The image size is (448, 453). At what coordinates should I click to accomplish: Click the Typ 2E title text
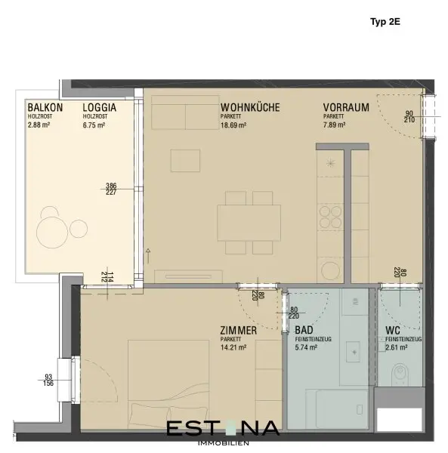click(385, 22)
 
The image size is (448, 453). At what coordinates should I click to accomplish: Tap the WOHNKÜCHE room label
click(250, 107)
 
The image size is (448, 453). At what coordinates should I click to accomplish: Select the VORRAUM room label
click(346, 107)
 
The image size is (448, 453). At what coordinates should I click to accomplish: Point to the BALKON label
click(45, 107)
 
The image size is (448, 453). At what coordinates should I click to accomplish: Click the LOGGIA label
click(100, 107)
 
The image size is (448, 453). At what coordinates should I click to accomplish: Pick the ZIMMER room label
click(239, 330)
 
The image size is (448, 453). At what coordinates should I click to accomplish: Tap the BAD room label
click(304, 330)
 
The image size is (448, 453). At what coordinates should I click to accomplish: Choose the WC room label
click(393, 330)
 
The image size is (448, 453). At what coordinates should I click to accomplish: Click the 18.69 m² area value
click(233, 125)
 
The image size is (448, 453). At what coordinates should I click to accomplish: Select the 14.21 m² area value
click(233, 347)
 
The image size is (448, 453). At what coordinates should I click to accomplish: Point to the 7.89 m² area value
click(334, 125)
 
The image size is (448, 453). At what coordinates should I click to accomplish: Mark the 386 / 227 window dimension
click(111, 189)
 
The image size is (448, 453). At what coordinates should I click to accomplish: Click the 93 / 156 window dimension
click(48, 380)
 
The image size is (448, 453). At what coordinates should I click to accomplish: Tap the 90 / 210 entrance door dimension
click(409, 117)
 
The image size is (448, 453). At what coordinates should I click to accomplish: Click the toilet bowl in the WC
click(400, 374)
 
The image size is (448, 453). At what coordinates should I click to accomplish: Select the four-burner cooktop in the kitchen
click(330, 217)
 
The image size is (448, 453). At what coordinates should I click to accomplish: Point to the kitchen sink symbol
click(330, 163)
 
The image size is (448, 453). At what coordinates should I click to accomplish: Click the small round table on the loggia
click(79, 229)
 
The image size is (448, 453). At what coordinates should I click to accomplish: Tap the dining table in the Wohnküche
click(249, 223)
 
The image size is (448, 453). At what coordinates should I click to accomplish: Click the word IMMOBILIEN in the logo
click(224, 443)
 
